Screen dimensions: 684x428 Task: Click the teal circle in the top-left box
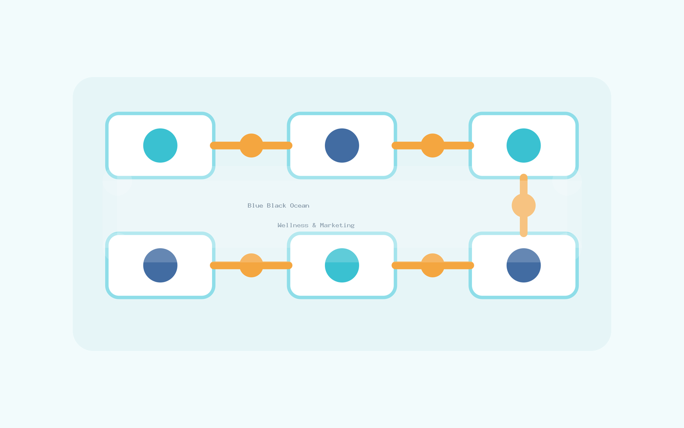pyautogui.click(x=160, y=146)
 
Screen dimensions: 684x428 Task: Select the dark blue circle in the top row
pyautogui.click(x=342, y=146)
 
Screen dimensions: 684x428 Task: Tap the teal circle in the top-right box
pyautogui.click(x=524, y=146)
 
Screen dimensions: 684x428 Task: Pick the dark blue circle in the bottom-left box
pyautogui.click(x=160, y=265)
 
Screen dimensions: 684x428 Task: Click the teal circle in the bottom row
pyautogui.click(x=342, y=265)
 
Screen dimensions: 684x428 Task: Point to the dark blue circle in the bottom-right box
pyautogui.click(x=524, y=265)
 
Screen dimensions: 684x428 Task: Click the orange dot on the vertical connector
pyautogui.click(x=524, y=205)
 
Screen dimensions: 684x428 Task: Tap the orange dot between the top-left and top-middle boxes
pyautogui.click(x=251, y=146)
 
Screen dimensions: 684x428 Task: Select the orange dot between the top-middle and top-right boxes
pyautogui.click(x=433, y=146)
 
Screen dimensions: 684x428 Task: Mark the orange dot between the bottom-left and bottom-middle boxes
pyautogui.click(x=251, y=265)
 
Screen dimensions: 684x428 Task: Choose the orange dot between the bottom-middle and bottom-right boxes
pyautogui.click(x=433, y=265)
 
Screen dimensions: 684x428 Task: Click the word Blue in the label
pyautogui.click(x=255, y=206)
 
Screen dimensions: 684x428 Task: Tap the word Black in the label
pyautogui.click(x=276, y=206)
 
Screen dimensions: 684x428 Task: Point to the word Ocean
pyautogui.click(x=300, y=206)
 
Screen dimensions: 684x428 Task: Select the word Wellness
pyautogui.click(x=293, y=225)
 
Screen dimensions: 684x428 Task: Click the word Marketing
pyautogui.click(x=337, y=226)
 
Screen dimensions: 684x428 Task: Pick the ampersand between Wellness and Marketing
pyautogui.click(x=314, y=225)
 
